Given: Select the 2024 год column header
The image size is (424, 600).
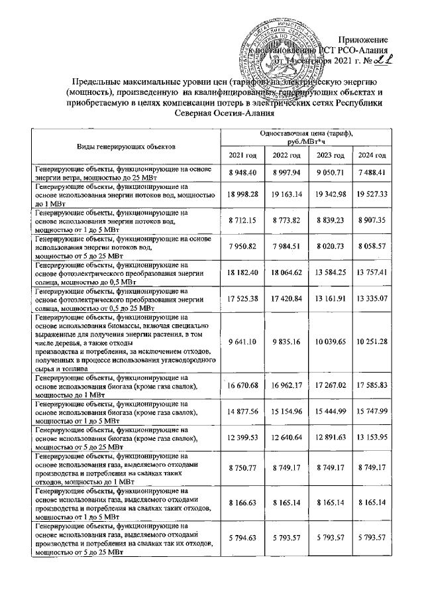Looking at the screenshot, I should [x=372, y=154].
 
